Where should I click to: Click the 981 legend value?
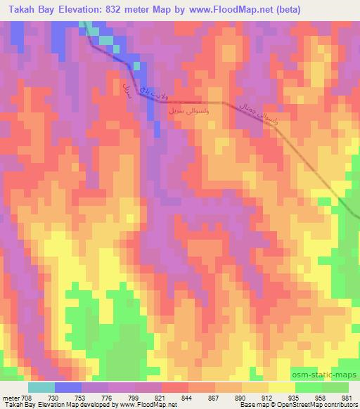tap(347, 397)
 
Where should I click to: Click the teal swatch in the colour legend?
tap(41, 387)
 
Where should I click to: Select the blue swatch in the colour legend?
tap(68, 387)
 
